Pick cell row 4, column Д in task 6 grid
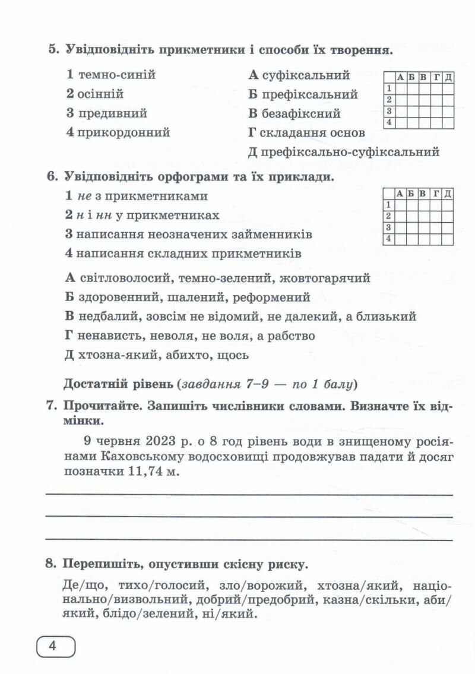(448, 239)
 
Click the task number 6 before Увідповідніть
(50, 176)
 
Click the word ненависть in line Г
(107, 336)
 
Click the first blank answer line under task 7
(249, 494)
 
